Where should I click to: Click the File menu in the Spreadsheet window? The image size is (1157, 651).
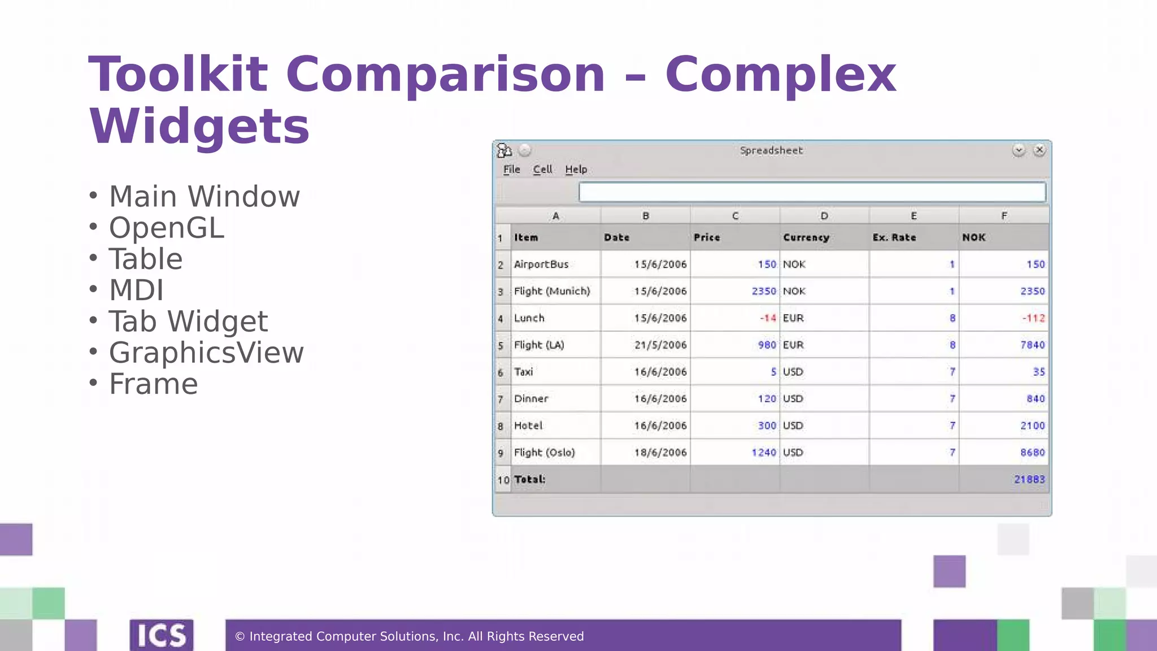point(511,170)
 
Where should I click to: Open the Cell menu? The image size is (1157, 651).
point(542,170)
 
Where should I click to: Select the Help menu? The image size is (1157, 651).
point(576,170)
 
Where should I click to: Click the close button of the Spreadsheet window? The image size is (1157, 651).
point(1039,150)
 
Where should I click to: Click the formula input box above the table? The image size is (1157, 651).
point(812,192)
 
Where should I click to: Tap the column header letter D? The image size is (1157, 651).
point(824,216)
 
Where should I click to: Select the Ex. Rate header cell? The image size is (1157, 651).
point(894,238)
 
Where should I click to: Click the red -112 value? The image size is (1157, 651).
point(1033,318)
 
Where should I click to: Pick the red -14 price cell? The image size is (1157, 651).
point(768,318)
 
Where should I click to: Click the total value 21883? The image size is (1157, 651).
point(1029,479)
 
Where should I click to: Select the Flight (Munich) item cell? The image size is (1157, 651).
point(552,291)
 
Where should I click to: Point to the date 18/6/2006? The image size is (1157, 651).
point(660,453)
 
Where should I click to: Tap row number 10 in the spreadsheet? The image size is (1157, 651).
point(503,480)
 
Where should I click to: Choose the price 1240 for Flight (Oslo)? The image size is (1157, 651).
point(764,453)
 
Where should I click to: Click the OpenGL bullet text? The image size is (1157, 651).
point(167,228)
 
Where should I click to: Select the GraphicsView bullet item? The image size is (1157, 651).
point(206,353)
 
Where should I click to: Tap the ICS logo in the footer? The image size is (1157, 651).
point(162,636)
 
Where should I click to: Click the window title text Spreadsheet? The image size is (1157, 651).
point(771,150)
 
